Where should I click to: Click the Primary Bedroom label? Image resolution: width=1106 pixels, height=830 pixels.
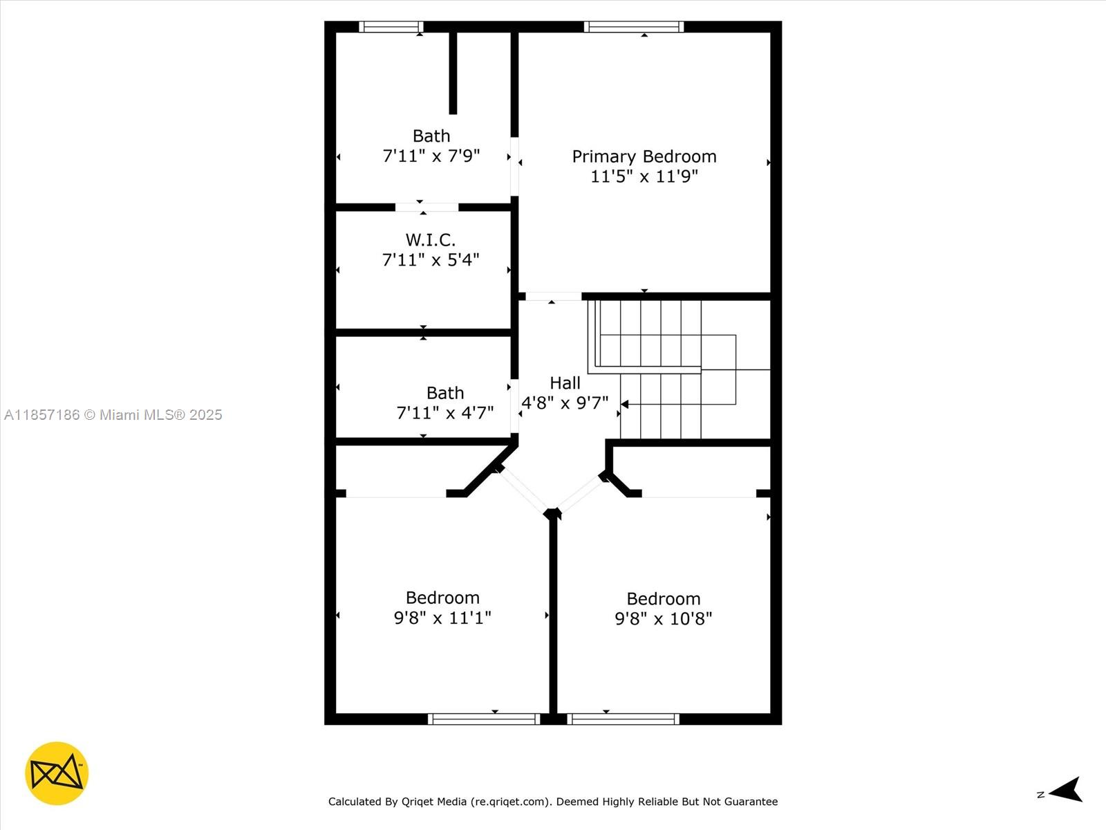[x=644, y=156]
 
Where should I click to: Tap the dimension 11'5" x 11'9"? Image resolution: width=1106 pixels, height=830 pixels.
[x=644, y=176]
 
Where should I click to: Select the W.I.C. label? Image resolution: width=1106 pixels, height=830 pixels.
[x=430, y=240]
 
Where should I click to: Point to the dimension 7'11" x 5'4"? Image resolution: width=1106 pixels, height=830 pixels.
[x=430, y=260]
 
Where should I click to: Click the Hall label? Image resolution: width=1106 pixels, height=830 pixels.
[x=565, y=382]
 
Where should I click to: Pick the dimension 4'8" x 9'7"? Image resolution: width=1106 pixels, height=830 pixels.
[x=565, y=403]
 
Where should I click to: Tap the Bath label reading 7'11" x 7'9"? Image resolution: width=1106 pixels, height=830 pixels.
[x=431, y=136]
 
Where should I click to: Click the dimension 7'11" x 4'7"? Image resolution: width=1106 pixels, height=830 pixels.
[x=444, y=413]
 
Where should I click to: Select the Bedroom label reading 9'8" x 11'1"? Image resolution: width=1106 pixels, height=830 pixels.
[x=442, y=598]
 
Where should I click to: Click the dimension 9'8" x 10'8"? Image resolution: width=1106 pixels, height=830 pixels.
[x=663, y=618]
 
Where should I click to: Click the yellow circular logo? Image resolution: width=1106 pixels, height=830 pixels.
[x=57, y=773]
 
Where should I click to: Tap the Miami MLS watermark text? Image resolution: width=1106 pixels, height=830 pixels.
[x=113, y=415]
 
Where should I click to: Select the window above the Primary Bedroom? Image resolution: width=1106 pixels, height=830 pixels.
[x=633, y=27]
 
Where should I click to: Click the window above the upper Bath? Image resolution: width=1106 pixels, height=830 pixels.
[x=391, y=27]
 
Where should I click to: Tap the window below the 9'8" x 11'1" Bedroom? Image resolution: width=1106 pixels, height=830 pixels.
[x=484, y=719]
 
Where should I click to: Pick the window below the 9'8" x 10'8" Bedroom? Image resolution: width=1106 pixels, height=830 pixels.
[x=623, y=719]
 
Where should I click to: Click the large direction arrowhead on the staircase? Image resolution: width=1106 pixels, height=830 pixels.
[x=624, y=404]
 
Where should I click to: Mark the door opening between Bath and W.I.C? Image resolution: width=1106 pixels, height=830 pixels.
[x=427, y=207]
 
